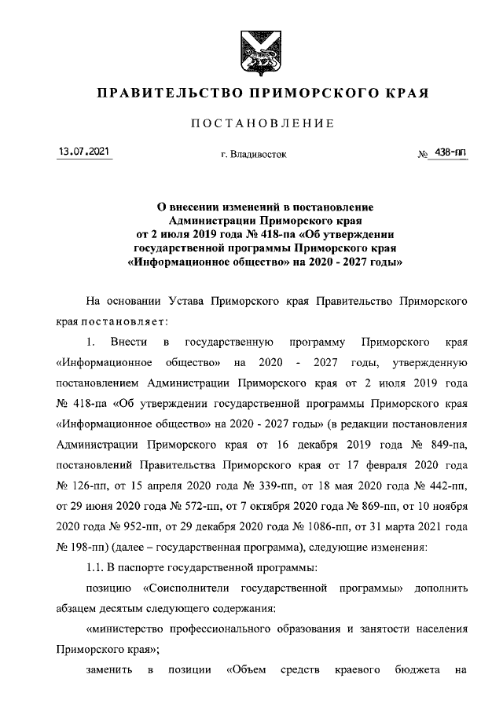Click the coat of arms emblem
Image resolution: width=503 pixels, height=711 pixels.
click(x=251, y=46)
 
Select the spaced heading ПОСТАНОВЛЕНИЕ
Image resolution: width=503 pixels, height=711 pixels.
click(x=251, y=123)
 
